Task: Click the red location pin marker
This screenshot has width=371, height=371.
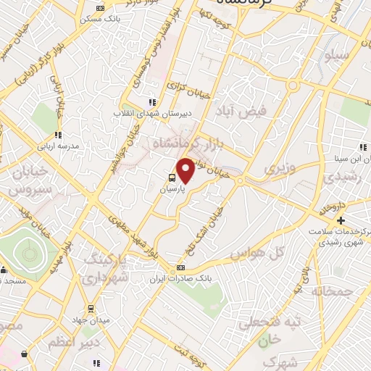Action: click(185, 171)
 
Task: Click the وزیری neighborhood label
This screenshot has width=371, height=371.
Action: click(279, 169)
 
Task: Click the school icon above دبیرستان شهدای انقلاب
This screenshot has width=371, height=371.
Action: click(151, 103)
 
